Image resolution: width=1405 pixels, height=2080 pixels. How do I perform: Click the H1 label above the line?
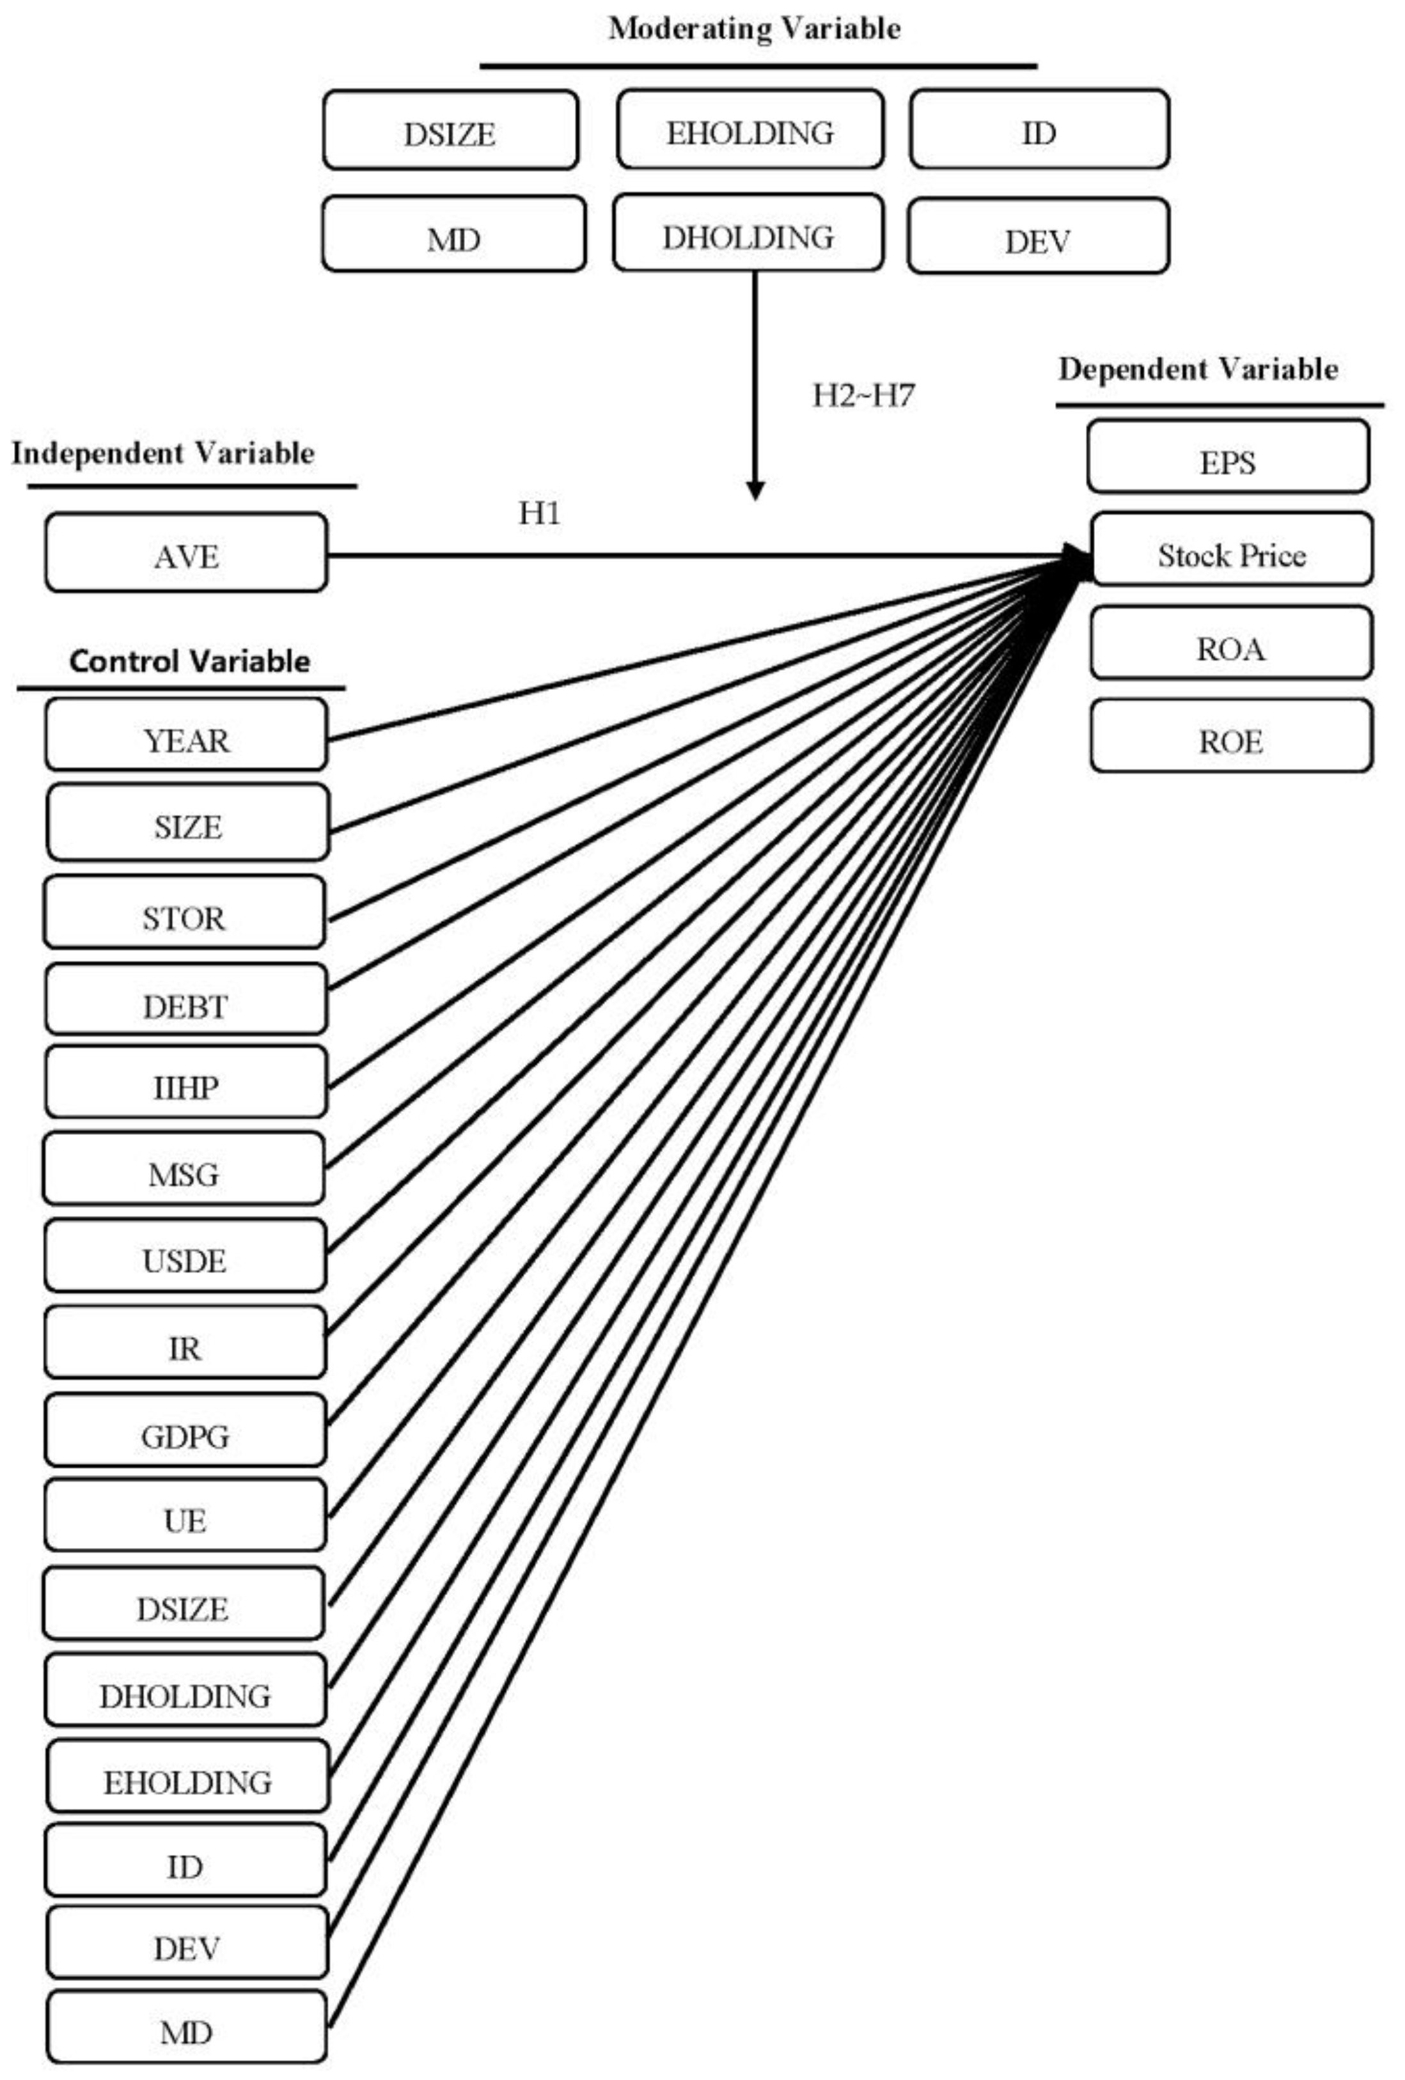[x=540, y=513]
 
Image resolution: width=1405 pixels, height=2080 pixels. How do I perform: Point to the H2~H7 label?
[x=863, y=395]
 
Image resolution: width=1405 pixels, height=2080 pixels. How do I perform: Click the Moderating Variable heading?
[x=755, y=29]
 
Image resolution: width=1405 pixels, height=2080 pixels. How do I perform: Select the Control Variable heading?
[x=190, y=661]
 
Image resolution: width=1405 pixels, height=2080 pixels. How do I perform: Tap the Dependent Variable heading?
[x=1198, y=369]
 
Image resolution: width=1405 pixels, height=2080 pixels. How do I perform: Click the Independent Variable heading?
[x=163, y=453]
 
